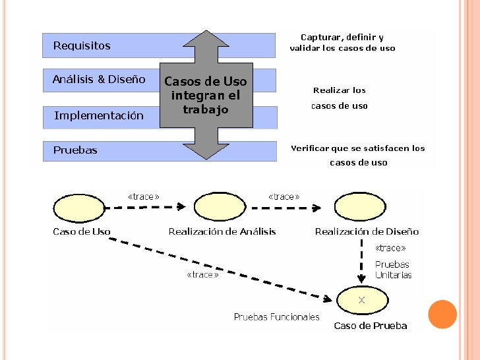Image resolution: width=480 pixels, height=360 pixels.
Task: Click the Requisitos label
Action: point(82,46)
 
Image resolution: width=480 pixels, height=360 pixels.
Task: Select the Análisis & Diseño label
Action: point(99,80)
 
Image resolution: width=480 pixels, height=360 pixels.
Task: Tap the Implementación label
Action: point(99,116)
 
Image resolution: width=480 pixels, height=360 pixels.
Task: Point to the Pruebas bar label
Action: point(75,150)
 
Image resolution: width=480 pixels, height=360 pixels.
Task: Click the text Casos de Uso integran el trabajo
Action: point(205,96)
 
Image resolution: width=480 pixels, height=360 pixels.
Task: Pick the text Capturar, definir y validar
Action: point(342,43)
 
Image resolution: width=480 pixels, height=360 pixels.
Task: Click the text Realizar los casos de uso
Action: point(340,98)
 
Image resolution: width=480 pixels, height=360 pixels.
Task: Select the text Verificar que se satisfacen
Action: point(358,149)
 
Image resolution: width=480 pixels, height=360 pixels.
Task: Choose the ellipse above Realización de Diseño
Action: point(360,207)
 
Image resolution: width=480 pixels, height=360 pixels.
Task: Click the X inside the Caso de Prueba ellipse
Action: point(361,300)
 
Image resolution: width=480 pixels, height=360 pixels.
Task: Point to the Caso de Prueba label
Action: point(371,326)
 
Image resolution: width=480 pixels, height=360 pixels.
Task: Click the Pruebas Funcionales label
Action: point(276,317)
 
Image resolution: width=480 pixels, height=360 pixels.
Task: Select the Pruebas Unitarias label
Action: point(393,270)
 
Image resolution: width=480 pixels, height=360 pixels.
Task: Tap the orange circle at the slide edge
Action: point(442,315)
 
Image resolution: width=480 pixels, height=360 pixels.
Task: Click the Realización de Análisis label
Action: point(222,231)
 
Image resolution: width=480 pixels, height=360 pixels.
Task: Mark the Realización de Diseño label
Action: point(367,231)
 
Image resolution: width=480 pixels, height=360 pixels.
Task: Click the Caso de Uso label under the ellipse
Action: point(82,231)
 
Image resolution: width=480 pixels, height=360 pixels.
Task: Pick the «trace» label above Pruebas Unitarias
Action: point(390,248)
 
